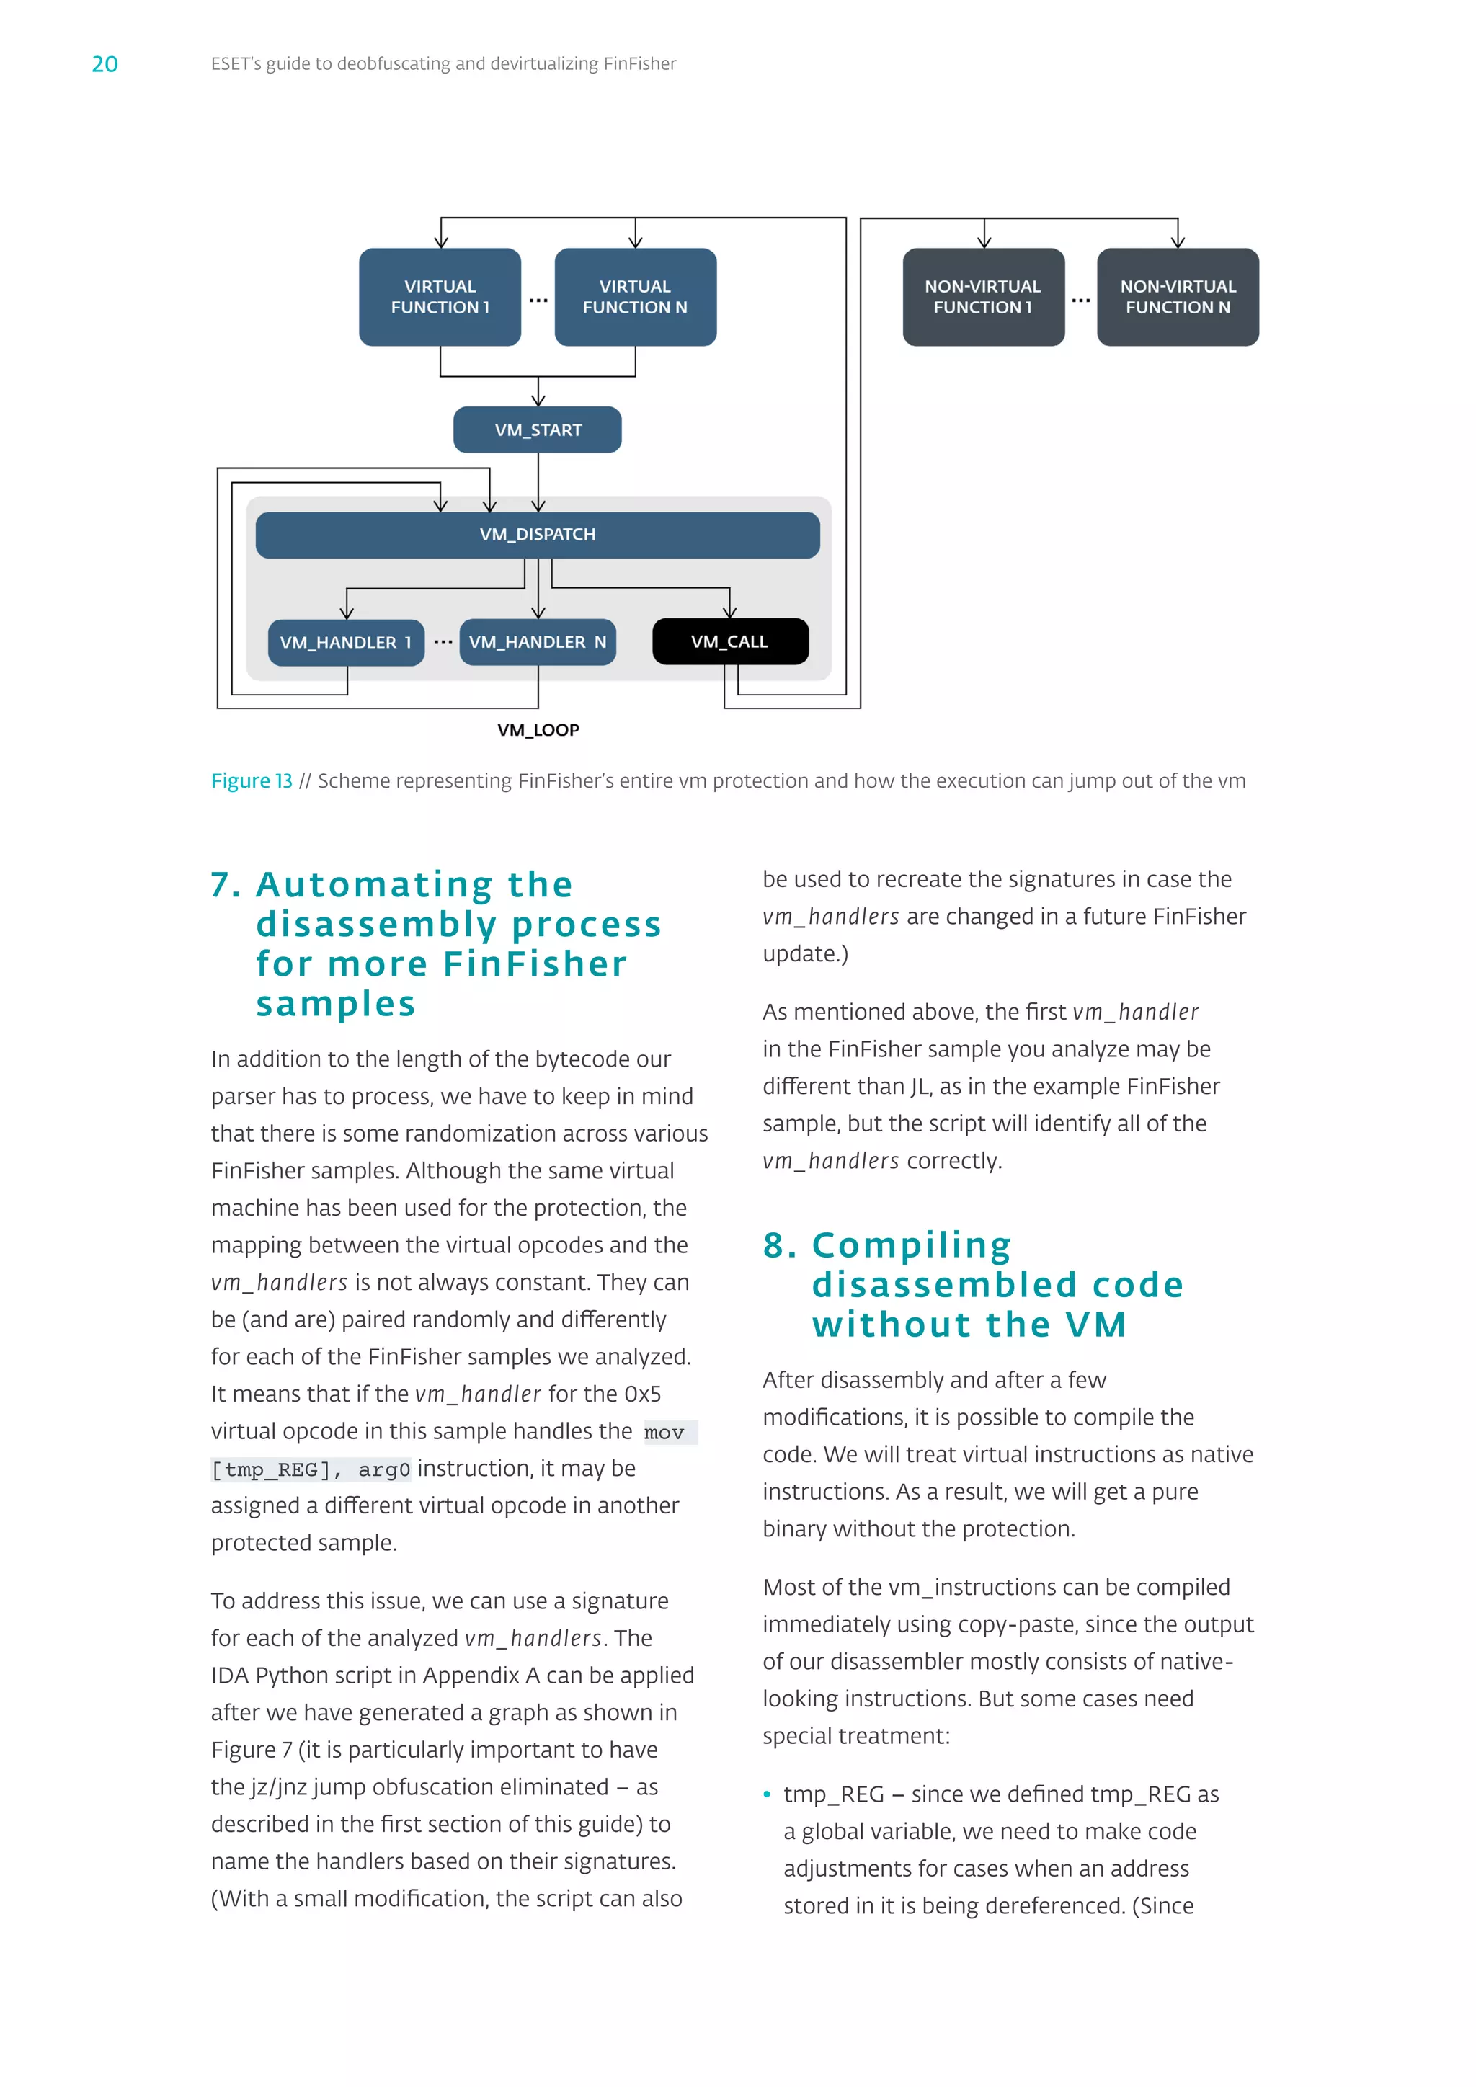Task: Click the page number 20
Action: [105, 63]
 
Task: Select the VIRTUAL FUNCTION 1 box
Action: [440, 296]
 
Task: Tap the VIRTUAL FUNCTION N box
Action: [635, 296]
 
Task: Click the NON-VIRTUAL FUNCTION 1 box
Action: [982, 296]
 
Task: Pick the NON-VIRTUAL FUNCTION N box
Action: [1177, 296]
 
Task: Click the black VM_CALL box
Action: [730, 641]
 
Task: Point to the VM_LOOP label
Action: [538, 730]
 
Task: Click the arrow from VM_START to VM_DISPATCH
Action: [538, 482]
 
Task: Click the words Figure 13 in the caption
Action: [252, 780]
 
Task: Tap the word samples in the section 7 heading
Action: [335, 1004]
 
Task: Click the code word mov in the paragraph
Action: [664, 1433]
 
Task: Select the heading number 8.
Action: [779, 1245]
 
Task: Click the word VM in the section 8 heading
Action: [1096, 1325]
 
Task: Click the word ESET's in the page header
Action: [239, 63]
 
